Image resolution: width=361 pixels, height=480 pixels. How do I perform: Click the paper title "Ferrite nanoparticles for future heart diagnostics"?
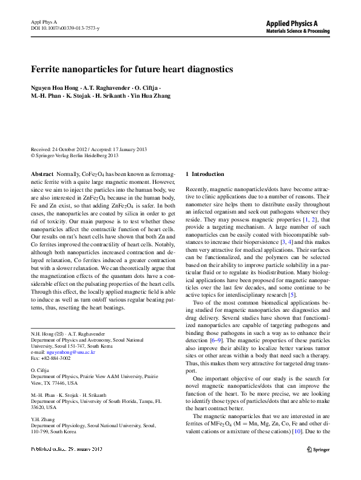coord(132,70)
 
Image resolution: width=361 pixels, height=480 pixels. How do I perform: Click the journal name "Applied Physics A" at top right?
coord(300,23)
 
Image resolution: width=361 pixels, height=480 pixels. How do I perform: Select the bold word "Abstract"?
coord(42,174)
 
